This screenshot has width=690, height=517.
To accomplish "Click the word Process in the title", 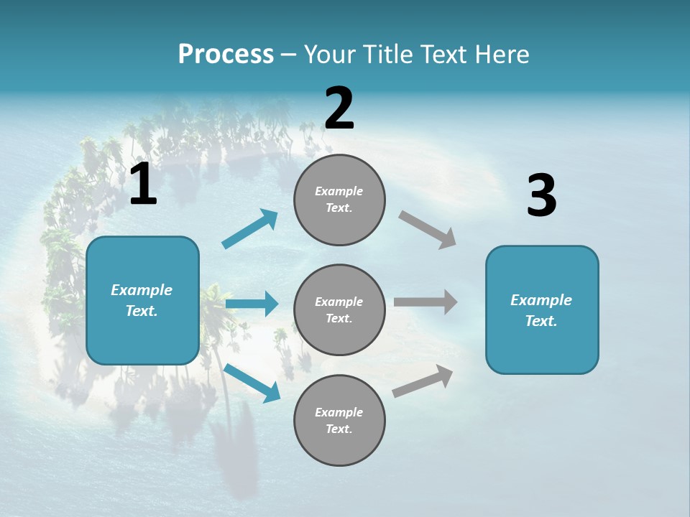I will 226,55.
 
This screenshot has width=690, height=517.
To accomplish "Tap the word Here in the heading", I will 500,55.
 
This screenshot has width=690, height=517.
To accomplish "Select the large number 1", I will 143,185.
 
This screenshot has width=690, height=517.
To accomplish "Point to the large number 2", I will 339,108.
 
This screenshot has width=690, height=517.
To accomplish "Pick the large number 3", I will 541,195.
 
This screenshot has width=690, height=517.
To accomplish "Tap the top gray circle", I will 339,200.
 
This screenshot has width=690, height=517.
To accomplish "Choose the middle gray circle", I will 339,309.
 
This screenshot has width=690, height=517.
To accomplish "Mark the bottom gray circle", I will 339,420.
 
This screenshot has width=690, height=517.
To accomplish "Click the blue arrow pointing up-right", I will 250,229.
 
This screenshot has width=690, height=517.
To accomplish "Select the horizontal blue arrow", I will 252,304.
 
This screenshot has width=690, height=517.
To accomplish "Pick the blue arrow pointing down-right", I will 252,382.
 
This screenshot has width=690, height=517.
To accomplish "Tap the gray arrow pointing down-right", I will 428,229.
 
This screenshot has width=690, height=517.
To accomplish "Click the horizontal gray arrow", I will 425,302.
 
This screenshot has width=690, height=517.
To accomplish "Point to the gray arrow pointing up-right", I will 423,381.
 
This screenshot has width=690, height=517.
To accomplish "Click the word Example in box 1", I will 142,290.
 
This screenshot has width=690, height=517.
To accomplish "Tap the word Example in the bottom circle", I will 339,412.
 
